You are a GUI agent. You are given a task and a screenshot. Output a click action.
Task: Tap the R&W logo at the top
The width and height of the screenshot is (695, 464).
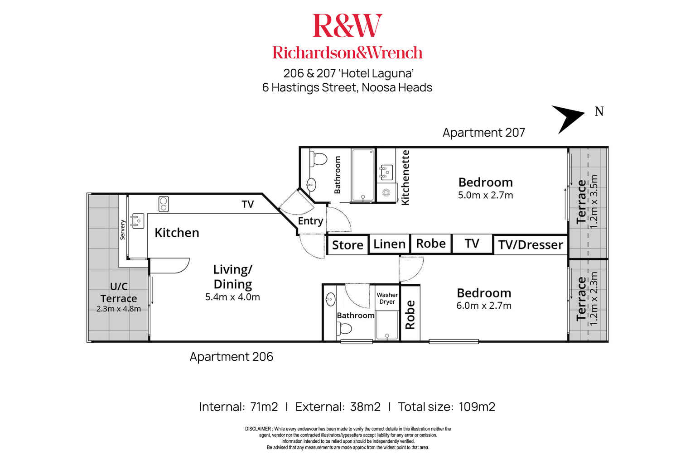pyautogui.click(x=347, y=26)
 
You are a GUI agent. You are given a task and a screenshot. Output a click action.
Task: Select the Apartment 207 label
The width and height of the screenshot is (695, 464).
pyautogui.click(x=483, y=133)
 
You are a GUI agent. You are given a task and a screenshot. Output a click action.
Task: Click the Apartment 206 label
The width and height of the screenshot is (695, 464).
pyautogui.click(x=231, y=357)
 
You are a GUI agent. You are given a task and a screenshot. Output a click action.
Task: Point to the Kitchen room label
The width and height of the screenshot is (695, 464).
pyautogui.click(x=177, y=233)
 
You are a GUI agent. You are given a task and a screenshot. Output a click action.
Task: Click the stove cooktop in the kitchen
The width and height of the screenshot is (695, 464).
pyautogui.click(x=164, y=204)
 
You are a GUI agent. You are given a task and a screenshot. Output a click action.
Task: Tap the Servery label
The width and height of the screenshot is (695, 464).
pyautogui.click(x=122, y=230)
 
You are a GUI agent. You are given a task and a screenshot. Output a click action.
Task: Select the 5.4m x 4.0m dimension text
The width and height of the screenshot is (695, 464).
pyautogui.click(x=232, y=297)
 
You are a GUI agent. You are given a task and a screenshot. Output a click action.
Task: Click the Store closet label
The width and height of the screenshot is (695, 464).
pyautogui.click(x=347, y=245)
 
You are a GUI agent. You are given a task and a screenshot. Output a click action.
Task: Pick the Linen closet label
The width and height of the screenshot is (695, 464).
pyautogui.click(x=389, y=244)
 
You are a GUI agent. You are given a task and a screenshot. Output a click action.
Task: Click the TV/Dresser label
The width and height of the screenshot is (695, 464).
pyautogui.click(x=531, y=245)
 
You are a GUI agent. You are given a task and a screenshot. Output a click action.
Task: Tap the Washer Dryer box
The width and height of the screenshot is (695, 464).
pyautogui.click(x=387, y=298)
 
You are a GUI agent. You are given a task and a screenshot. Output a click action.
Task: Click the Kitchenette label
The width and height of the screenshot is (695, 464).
pyautogui.click(x=405, y=177)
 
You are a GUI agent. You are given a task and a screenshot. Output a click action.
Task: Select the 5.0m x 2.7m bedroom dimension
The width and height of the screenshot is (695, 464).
pyautogui.click(x=485, y=196)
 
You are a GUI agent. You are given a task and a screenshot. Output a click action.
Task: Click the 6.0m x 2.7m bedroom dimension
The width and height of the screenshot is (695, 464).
pyautogui.click(x=483, y=306)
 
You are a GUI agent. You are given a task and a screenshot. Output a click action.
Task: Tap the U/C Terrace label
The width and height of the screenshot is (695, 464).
pyautogui.click(x=119, y=292)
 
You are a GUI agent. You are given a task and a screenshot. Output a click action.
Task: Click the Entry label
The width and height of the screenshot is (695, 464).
pyautogui.click(x=310, y=221)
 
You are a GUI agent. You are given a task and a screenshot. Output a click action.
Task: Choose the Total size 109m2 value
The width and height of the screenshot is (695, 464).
pyautogui.click(x=477, y=407)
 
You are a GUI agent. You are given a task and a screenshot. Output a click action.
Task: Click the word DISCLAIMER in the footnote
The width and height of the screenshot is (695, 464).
pyautogui.click(x=258, y=429)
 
